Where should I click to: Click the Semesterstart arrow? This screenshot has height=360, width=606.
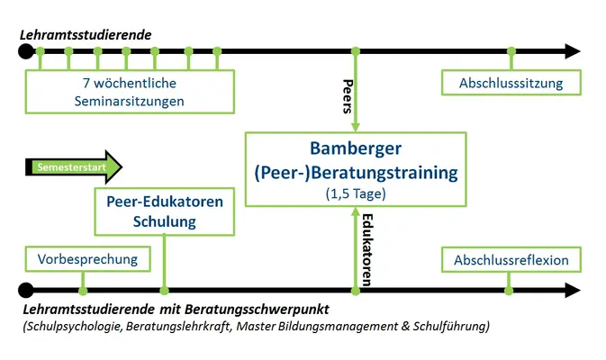tap(74, 166)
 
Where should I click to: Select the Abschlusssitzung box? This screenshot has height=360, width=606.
tap(511, 83)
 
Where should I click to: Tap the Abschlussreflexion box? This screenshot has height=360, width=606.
tap(511, 259)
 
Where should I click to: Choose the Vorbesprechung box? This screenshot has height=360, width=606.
tap(87, 259)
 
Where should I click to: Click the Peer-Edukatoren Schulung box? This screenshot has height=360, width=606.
tap(165, 211)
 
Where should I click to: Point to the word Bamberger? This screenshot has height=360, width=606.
tap(356, 148)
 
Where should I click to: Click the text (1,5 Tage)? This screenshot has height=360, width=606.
tap(356, 193)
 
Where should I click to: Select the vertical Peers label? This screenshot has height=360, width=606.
tap(348, 96)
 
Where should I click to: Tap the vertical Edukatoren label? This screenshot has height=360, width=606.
tap(366, 250)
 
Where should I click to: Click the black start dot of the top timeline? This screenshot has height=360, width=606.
tap(26, 51)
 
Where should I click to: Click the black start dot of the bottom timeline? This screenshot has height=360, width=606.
tap(26, 290)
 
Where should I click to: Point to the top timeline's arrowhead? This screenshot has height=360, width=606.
tap(573, 51)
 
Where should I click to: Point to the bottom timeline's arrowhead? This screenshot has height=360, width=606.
tap(573, 290)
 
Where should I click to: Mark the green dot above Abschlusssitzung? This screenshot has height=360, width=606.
tap(511, 51)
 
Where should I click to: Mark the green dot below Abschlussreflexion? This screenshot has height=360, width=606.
tap(509, 291)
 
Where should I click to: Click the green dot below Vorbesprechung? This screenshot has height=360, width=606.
tap(83, 291)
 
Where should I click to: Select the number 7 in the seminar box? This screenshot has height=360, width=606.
tap(86, 83)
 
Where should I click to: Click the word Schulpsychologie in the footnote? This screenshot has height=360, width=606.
tap(74, 327)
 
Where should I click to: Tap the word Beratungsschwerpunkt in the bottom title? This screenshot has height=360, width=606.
tap(257, 310)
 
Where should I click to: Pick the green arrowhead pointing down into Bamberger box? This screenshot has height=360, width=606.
tap(356, 128)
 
